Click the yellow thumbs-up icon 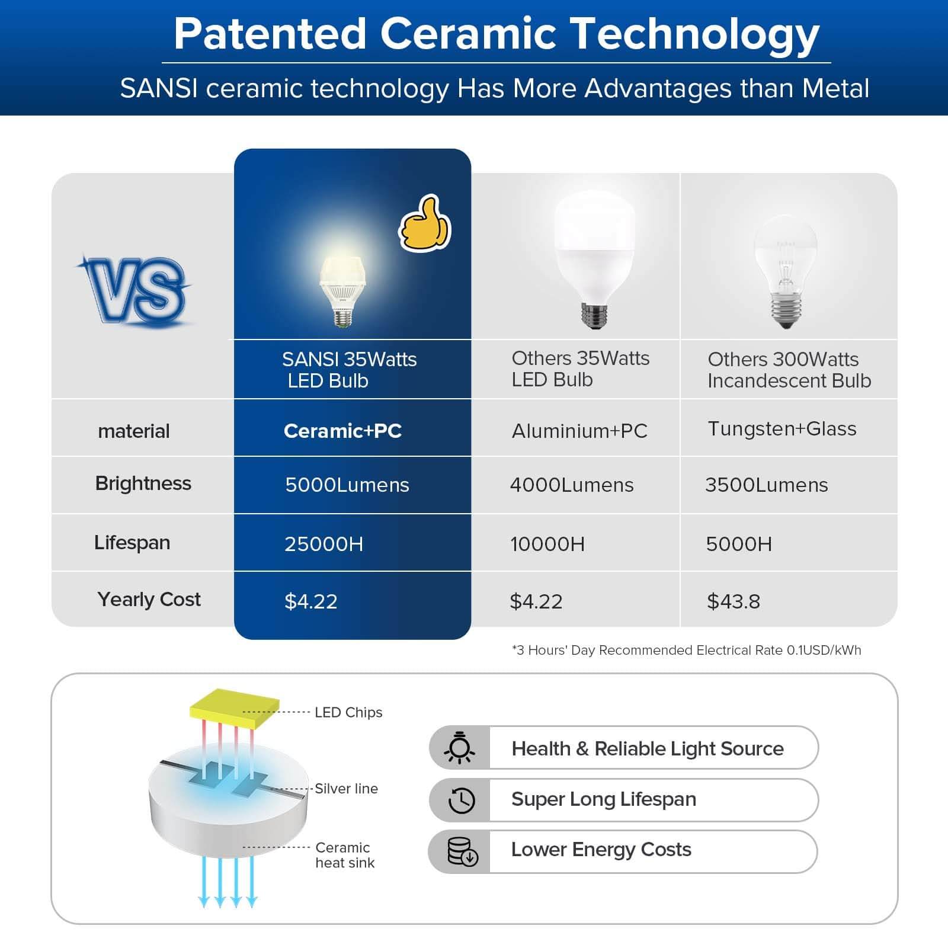[x=425, y=224]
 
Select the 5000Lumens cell [x=347, y=485]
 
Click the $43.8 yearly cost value [x=734, y=601]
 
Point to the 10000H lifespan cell [x=547, y=544]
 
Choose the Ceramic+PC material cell [x=342, y=431]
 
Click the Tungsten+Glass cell [x=782, y=428]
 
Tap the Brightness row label [x=143, y=483]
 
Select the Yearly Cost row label [x=149, y=600]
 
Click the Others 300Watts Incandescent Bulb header [x=789, y=370]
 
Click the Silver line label [x=346, y=789]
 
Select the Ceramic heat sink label [x=344, y=855]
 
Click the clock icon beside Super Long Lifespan [x=461, y=800]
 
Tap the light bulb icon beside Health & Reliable [x=460, y=748]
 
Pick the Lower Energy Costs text [x=601, y=850]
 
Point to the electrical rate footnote [x=686, y=650]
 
